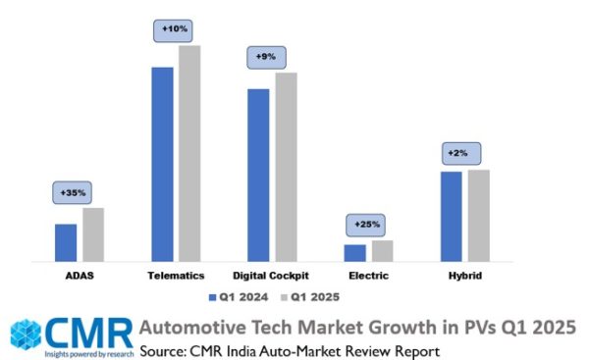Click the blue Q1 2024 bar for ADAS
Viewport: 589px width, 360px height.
[x=66, y=242]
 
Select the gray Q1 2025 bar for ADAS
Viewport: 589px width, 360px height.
[x=93, y=234]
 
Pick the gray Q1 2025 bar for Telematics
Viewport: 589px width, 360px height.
[x=189, y=153]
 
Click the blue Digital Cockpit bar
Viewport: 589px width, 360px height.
[x=258, y=175]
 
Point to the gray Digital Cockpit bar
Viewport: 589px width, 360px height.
[x=286, y=167]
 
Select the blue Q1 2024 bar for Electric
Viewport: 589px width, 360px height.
[x=354, y=253]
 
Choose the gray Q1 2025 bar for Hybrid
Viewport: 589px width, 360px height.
[x=478, y=216]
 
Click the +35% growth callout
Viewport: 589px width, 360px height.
[x=73, y=193]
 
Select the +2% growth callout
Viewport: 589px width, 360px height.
[x=457, y=154]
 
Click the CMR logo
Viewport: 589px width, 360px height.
[x=69, y=333]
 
